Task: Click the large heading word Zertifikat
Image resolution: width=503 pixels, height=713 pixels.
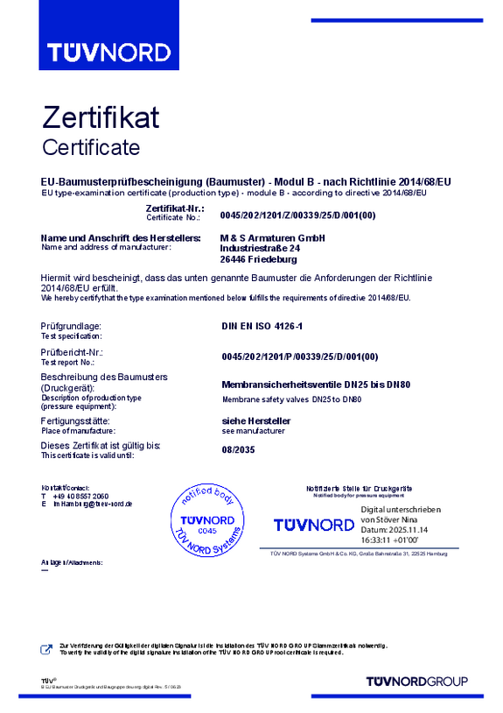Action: pos(101,117)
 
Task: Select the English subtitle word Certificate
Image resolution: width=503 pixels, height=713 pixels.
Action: pos(91,146)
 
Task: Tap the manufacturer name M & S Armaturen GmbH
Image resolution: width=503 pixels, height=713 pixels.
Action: pos(272,238)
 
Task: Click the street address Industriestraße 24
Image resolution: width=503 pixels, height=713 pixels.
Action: pos(260,249)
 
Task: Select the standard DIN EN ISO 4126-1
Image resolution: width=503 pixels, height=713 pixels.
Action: pos(263,327)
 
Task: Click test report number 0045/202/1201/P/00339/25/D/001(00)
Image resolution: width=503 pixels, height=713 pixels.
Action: pos(298,356)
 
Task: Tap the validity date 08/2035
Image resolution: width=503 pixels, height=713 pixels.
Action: pos(239,450)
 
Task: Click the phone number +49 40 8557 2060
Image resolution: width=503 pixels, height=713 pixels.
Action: pos(80,496)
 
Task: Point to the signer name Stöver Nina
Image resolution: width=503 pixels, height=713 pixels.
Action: pos(401,520)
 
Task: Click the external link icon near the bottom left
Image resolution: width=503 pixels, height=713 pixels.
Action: pos(46,649)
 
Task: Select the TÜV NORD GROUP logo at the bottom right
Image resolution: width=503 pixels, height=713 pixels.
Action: pos(416,681)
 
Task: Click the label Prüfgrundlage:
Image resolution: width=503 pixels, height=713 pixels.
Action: pos(71,327)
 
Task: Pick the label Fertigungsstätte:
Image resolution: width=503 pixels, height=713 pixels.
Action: pos(77,421)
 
